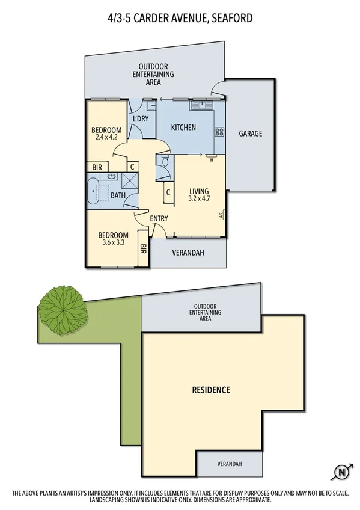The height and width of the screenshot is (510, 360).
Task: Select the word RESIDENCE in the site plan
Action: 210,390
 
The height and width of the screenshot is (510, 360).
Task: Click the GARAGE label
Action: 250,134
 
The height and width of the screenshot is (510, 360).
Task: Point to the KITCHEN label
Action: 183,127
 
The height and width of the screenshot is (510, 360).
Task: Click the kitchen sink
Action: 203,106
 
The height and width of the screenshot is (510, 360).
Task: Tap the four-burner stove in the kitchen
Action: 219,132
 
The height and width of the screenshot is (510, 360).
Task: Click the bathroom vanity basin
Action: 111,176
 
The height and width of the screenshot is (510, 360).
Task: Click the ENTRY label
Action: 159,218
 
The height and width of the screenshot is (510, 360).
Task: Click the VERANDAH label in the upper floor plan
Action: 188,253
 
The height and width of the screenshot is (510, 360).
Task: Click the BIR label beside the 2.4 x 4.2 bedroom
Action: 97,167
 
